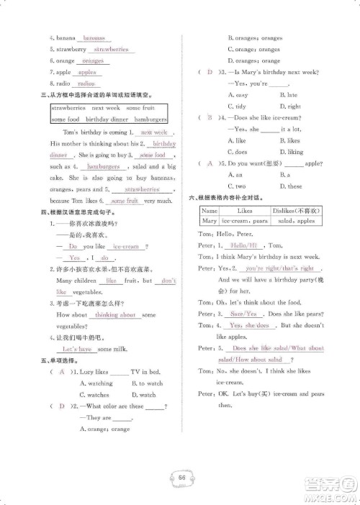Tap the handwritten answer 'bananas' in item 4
click(x=94, y=38)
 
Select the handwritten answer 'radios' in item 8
click(x=86, y=84)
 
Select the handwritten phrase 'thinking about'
click(x=115, y=315)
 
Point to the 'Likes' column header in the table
click(x=244, y=211)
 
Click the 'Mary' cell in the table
click(x=210, y=221)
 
